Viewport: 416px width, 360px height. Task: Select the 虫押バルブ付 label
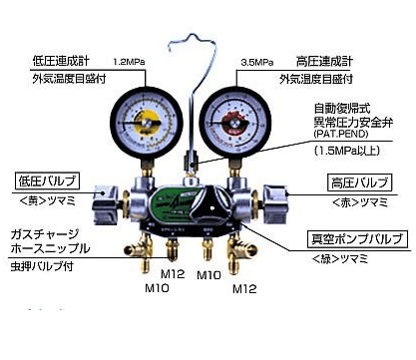tap(51, 268)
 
